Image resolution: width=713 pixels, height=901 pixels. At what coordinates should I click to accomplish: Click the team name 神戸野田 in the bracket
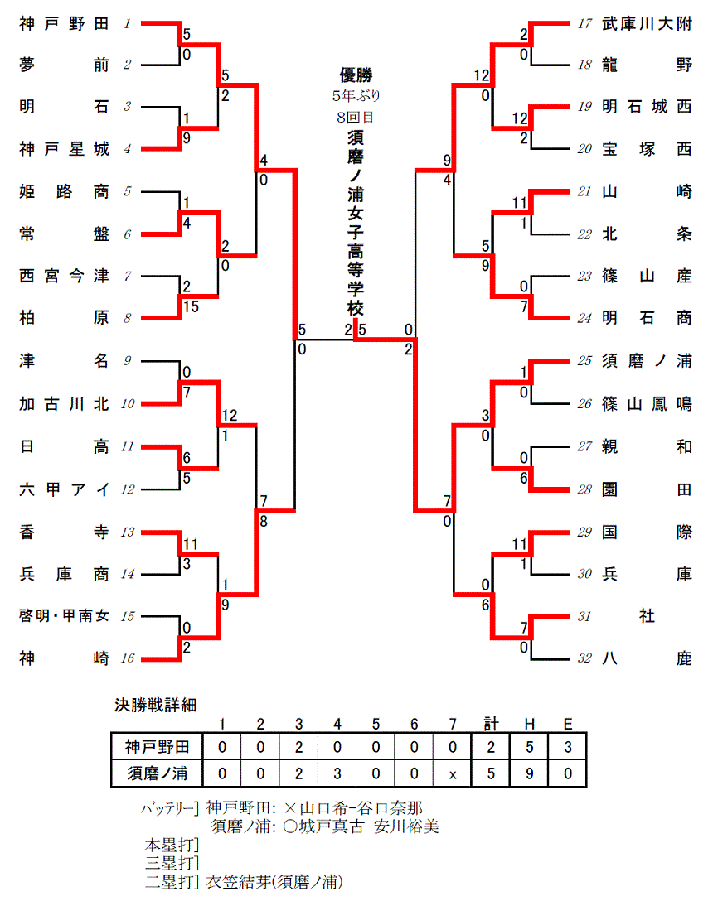point(64,24)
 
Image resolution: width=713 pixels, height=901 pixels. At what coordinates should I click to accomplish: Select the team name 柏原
point(64,319)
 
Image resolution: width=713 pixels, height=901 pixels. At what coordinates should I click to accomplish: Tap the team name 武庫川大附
point(647,24)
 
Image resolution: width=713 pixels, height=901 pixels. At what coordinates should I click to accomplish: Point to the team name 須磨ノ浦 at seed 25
point(647,361)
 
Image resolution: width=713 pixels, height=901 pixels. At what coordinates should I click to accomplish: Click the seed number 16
point(127,658)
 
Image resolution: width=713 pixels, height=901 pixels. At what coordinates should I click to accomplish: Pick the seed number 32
point(585,658)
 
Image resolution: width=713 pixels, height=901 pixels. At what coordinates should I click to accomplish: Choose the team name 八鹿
point(647,658)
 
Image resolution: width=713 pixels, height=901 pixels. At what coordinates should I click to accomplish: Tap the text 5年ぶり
point(356,96)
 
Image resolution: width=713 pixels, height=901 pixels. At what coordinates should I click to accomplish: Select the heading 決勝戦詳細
point(155,706)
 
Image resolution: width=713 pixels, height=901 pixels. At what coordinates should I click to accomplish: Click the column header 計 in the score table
point(491,725)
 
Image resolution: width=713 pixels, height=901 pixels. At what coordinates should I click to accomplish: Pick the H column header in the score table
point(529,725)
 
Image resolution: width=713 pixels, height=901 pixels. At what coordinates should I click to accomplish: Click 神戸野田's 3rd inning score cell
point(298,747)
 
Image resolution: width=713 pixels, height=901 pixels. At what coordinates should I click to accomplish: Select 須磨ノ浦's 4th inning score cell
point(337,774)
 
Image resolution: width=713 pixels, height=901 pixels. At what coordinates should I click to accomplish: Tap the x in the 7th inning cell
point(452,774)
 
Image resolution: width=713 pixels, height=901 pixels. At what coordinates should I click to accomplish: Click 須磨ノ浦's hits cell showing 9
point(529,774)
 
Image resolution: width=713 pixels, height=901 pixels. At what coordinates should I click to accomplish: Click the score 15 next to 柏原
point(189,307)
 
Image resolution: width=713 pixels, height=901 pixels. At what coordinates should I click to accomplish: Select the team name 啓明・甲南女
point(64,616)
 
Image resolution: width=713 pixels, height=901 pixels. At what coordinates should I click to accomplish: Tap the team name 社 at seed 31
point(647,616)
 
